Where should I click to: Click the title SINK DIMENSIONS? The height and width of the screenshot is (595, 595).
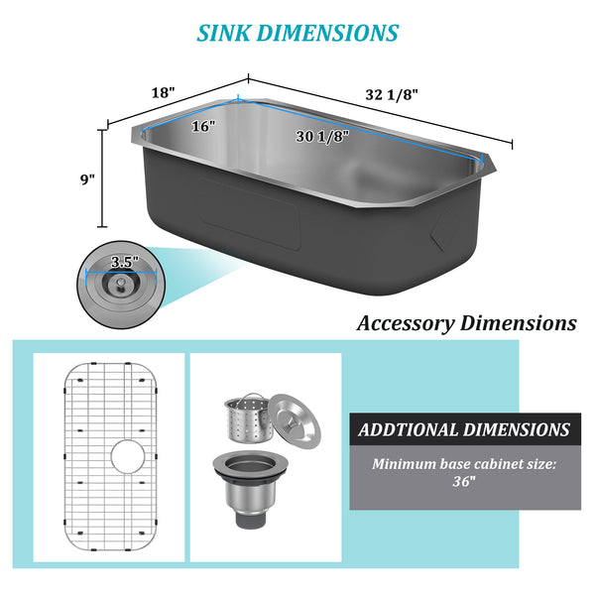(x=297, y=32)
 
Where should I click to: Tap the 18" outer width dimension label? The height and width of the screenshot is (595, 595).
(x=163, y=92)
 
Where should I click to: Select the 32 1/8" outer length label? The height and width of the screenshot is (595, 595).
(x=392, y=95)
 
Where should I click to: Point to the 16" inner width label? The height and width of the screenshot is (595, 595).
(x=203, y=127)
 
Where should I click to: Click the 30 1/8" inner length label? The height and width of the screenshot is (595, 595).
(x=322, y=137)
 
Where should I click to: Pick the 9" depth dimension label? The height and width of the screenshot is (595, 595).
(x=88, y=179)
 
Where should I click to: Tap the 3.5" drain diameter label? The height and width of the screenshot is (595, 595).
(x=125, y=262)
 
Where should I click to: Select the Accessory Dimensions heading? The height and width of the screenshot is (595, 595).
(x=466, y=323)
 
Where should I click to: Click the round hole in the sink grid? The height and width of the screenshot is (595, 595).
(x=127, y=457)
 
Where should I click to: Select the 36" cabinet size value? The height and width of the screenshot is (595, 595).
(x=465, y=481)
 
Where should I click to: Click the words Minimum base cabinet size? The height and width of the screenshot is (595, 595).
(x=465, y=463)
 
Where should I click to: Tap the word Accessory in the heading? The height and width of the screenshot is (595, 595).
(x=404, y=323)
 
